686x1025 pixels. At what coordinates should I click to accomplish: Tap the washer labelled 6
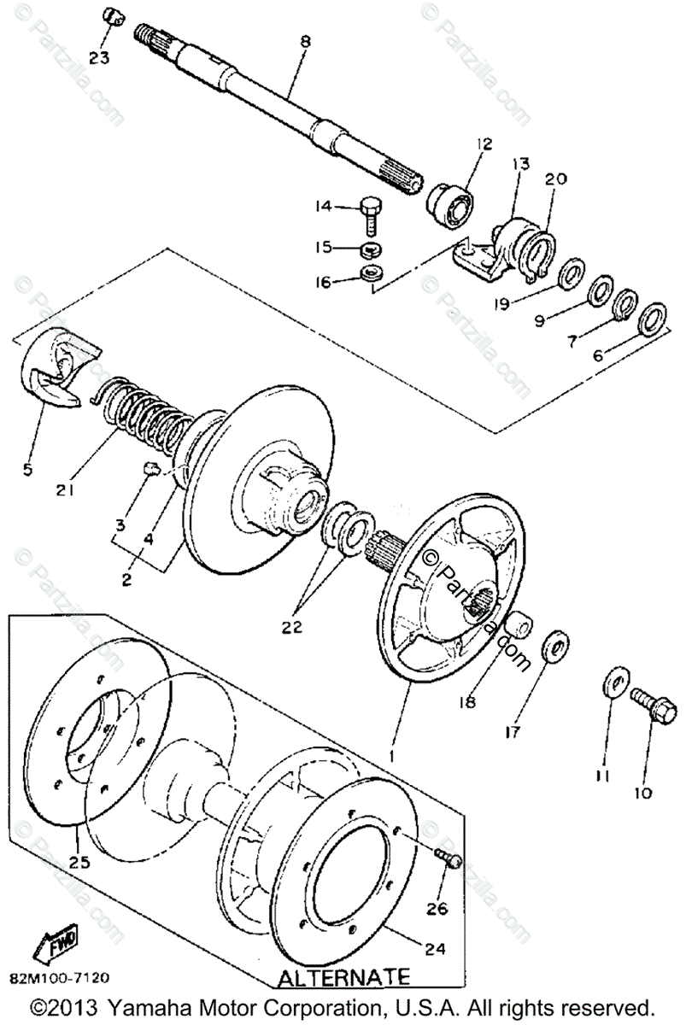[654, 316]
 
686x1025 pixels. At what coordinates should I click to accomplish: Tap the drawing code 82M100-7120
[59, 976]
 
